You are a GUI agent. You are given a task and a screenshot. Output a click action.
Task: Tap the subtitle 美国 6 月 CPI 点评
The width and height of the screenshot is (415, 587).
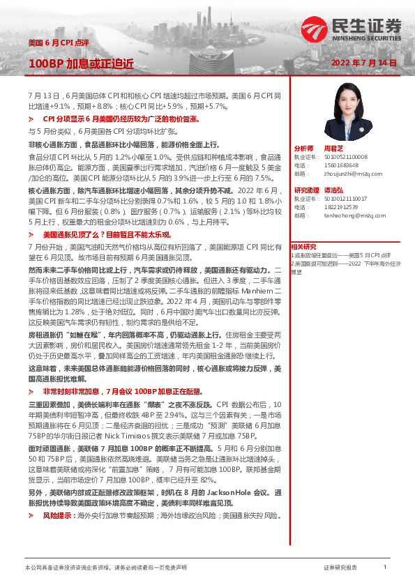(59, 43)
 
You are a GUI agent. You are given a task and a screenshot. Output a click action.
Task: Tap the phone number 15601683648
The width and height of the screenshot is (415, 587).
(338, 166)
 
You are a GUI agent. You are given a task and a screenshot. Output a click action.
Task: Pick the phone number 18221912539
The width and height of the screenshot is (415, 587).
(338, 207)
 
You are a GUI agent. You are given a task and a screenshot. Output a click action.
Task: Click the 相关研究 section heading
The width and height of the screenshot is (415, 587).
(303, 246)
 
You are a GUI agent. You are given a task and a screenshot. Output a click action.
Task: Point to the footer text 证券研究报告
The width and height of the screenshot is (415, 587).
(340, 568)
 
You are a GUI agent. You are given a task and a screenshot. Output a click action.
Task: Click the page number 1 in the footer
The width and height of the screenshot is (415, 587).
(384, 568)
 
